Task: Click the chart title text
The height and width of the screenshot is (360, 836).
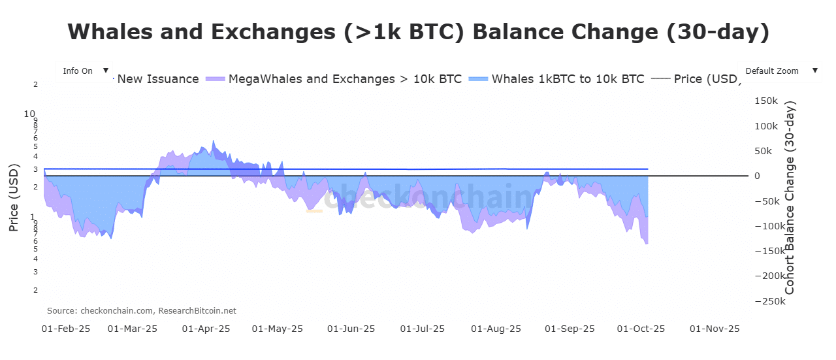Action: pos(418,32)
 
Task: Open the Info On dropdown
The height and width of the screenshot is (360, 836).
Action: pos(84,71)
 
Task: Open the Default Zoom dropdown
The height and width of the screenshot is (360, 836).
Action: pos(779,71)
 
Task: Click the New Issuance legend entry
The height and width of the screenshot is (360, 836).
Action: pos(157,79)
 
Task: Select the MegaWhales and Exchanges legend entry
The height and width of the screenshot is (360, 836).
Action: pos(333,79)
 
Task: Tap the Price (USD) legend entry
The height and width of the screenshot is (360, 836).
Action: pos(697,79)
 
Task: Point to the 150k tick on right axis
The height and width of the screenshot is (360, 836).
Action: pos(765,101)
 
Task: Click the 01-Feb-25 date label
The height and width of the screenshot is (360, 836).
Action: pos(65,329)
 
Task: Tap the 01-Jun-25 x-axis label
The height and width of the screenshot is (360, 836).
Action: pos(351,329)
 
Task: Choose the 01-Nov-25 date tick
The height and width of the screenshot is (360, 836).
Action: pos(715,329)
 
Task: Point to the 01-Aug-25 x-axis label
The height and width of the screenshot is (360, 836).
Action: pos(496,329)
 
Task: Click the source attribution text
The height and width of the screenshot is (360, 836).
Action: pos(142,311)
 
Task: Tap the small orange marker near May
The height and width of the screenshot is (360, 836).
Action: pos(314,211)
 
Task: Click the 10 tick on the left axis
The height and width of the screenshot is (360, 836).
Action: pos(29,113)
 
